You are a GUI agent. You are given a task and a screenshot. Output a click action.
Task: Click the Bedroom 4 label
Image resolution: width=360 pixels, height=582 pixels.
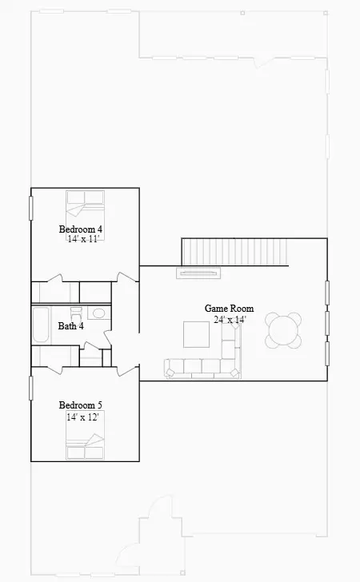point(81,229)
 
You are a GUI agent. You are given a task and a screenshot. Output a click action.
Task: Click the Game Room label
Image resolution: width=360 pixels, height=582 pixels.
point(229,309)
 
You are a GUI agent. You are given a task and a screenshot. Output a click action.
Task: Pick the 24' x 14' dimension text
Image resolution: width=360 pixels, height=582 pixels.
point(230,319)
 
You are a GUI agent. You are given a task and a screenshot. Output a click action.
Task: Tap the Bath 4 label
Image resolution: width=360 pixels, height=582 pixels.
point(71,325)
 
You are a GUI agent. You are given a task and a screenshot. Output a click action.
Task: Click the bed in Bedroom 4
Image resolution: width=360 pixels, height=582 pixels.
point(84,205)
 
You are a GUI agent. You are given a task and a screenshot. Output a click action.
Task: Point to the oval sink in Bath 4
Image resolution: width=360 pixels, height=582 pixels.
point(98,314)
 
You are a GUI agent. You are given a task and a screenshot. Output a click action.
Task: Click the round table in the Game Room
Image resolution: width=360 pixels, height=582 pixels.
point(284,329)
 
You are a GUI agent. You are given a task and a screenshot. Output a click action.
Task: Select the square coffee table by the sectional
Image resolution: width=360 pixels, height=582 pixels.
point(196,334)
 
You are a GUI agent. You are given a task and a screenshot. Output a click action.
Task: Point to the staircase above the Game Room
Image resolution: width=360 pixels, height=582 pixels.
point(233,252)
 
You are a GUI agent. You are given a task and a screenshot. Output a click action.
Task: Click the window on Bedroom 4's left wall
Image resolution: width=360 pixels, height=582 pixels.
point(31,207)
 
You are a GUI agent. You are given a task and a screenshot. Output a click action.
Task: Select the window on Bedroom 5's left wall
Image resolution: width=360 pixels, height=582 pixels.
point(31,387)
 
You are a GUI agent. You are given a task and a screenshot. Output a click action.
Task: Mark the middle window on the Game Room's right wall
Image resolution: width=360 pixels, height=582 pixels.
point(327,322)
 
